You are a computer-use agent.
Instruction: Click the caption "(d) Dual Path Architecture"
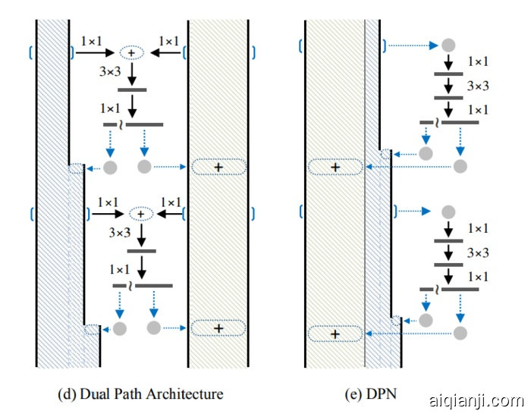coord(141,393)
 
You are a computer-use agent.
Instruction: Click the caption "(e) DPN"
coord(366,393)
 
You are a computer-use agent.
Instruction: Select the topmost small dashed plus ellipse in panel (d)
coord(132,52)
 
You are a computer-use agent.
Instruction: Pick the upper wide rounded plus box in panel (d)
coord(218,166)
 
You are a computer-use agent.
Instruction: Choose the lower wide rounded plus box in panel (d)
coord(218,328)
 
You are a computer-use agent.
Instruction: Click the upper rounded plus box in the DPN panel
coord(335,167)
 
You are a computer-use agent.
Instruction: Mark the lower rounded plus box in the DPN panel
coord(335,332)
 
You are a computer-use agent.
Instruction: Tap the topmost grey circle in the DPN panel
coord(448,45)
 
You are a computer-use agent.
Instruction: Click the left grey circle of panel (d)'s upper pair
coord(111,166)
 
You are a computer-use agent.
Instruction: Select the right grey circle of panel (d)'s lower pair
coord(154,328)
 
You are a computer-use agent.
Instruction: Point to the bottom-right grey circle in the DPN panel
coord(460,332)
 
